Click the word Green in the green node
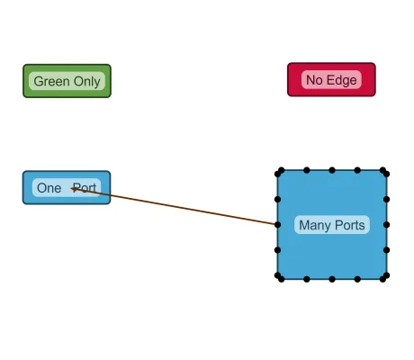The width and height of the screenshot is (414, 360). pyautogui.click(x=51, y=81)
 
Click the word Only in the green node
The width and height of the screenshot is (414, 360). pyautogui.click(x=86, y=81)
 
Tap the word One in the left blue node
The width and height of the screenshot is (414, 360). pyautogui.click(x=49, y=188)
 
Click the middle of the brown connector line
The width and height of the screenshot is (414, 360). pyautogui.click(x=175, y=206)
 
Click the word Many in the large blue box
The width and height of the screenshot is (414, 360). pyautogui.click(x=315, y=225)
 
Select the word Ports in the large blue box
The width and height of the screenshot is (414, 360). pyautogui.click(x=349, y=225)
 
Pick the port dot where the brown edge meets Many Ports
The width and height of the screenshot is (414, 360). pyautogui.click(x=277, y=224)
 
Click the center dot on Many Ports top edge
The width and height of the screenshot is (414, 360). pyautogui.click(x=332, y=169)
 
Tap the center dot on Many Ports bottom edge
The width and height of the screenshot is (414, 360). pyautogui.click(x=332, y=279)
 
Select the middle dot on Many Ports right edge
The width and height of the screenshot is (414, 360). pyautogui.click(x=387, y=224)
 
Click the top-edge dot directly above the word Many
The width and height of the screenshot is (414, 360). pyautogui.click(x=307, y=169)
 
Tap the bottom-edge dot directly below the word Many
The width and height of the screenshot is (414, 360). pyautogui.click(x=307, y=279)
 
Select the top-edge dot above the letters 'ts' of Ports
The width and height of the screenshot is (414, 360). pyautogui.click(x=358, y=169)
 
